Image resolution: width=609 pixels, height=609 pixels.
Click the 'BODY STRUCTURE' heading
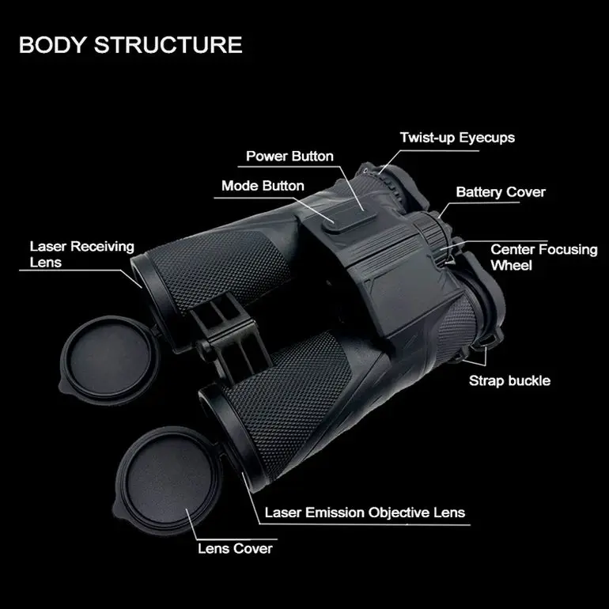click(x=130, y=44)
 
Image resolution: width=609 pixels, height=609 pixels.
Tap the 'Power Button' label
click(x=289, y=156)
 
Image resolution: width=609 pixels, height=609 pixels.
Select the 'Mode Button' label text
click(x=263, y=186)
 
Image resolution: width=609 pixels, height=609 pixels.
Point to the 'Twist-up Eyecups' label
click(x=457, y=138)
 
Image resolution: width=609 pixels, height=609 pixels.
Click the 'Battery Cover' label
click(x=501, y=192)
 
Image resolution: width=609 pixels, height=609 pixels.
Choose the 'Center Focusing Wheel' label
click(x=544, y=257)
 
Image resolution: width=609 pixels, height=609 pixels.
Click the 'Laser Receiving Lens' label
click(x=82, y=254)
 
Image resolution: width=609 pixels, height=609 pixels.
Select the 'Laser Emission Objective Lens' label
click(x=365, y=512)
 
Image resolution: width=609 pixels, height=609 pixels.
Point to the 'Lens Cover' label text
click(x=236, y=548)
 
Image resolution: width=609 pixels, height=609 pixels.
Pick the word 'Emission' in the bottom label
click(x=339, y=512)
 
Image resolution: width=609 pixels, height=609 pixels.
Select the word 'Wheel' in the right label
click(x=512, y=265)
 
